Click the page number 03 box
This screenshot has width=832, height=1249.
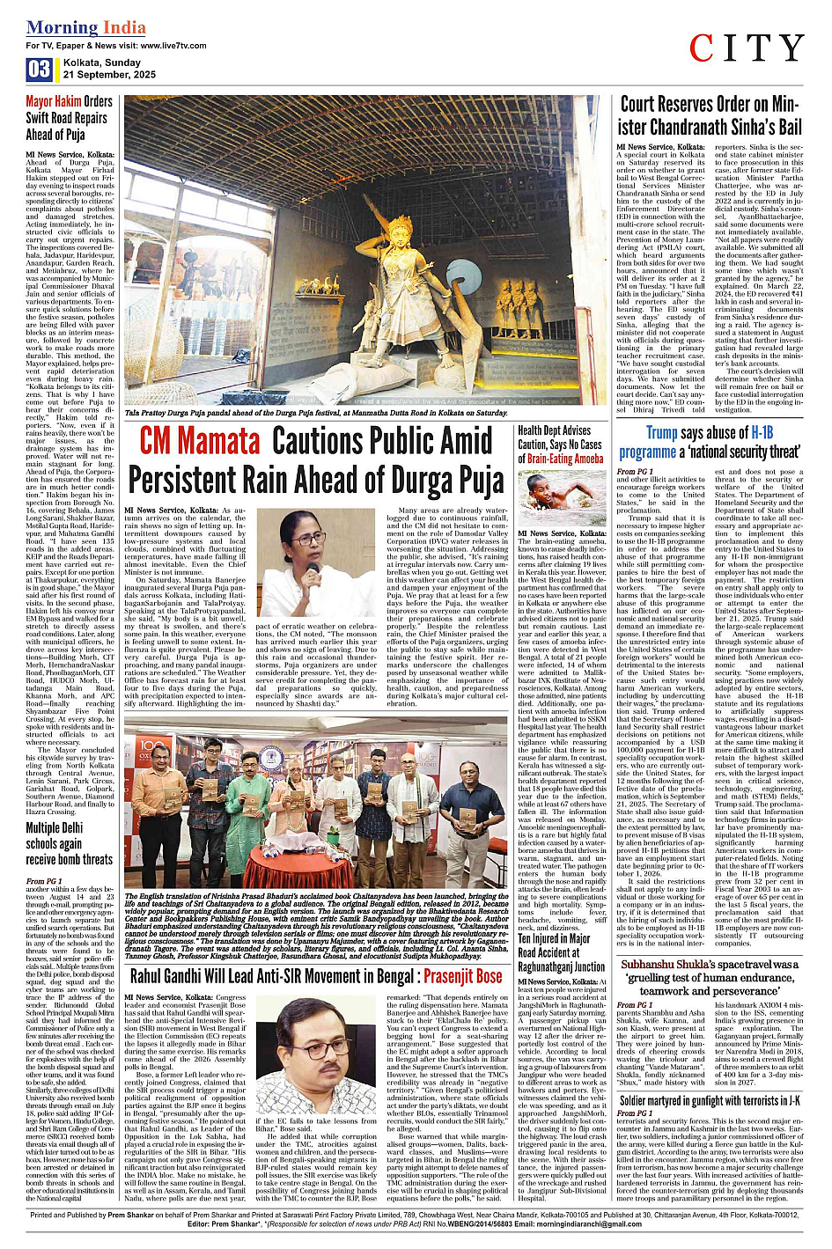(x=39, y=69)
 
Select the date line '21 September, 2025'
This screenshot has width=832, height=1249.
(x=109, y=75)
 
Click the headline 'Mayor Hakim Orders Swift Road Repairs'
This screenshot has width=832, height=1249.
(x=69, y=117)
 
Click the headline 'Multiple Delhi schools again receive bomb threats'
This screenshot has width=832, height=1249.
(x=69, y=843)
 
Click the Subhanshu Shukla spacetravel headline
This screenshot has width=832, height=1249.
(x=709, y=977)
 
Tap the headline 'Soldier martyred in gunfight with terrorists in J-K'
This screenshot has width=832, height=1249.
(x=709, y=1100)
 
